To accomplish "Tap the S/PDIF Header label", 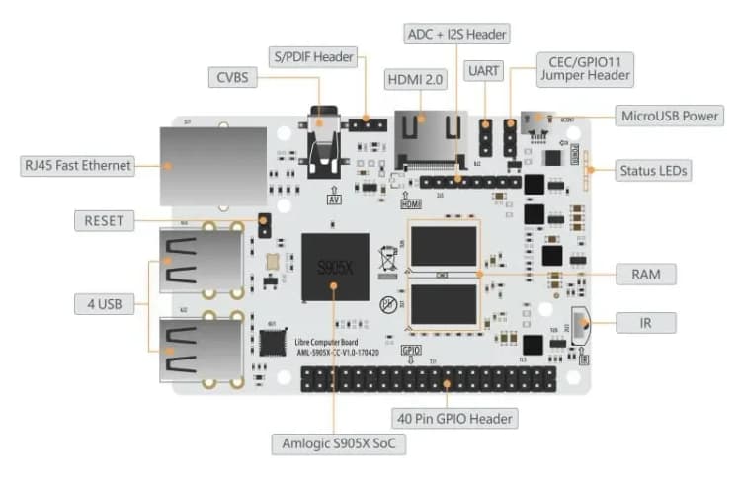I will pos(313,57).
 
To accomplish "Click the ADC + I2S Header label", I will pos(457,34).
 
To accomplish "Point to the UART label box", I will pos(485,72).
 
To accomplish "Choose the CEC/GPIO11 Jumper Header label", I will pos(585,66).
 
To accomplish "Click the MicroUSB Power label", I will pos(670,116).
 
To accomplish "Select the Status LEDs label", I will pos(653,170).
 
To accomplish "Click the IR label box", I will pos(645,322).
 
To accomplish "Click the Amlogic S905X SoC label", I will pos(339,444).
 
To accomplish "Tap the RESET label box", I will pos(104,220).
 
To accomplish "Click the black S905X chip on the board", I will pos(335,269).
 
